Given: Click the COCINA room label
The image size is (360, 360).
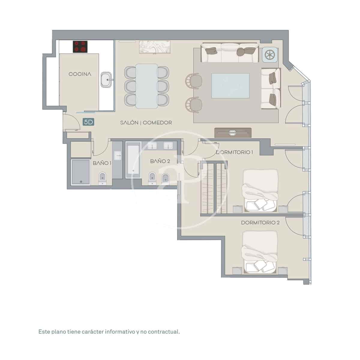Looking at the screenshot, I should click(80, 74).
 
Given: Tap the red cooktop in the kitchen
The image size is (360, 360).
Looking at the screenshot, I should click(80, 47).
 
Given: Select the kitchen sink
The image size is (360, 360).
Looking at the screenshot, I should click(106, 79).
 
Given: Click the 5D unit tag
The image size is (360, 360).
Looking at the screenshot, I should click(89, 122).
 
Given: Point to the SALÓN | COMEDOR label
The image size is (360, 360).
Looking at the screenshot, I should click(146, 123).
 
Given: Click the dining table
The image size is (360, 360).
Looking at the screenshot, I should click(146, 86).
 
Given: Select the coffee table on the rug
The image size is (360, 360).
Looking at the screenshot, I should click(230, 85).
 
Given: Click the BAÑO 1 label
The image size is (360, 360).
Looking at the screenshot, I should click(102, 163).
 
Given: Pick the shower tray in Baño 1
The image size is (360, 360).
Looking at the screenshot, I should click(80, 172).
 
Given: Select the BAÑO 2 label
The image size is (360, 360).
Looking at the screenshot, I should click(160, 161).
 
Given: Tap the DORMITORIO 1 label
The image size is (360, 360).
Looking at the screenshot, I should click(234, 152).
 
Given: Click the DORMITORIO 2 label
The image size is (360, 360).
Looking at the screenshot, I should click(260, 223).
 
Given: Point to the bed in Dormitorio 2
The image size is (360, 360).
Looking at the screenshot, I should click(259, 252).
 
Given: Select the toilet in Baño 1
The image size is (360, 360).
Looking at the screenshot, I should click(103, 179).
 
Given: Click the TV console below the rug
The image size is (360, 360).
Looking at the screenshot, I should click(233, 133).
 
